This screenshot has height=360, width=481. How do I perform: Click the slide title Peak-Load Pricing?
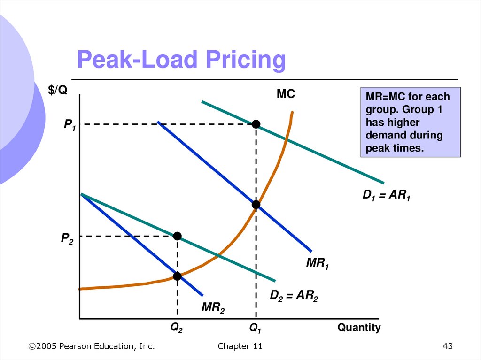tap(181, 61)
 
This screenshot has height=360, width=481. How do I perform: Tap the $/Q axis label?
tap(57, 91)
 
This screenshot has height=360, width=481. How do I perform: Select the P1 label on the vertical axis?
tap(70, 125)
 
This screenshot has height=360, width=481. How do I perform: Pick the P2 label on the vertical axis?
tap(67, 239)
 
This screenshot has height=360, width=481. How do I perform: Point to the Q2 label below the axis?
tap(176, 329)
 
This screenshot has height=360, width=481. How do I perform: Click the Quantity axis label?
tap(359, 328)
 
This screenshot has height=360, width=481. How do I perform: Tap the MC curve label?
tap(285, 94)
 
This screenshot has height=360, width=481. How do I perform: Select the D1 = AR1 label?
tap(386, 196)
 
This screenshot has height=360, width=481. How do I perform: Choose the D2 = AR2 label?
tap(294, 296)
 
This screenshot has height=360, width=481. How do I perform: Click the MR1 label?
tap(317, 264)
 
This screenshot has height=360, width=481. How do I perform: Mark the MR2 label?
tap(213, 308)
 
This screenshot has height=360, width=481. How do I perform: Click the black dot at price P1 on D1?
tap(256, 124)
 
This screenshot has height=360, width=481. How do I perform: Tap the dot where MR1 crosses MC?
tap(256, 205)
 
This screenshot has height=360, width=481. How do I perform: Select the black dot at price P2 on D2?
tap(177, 236)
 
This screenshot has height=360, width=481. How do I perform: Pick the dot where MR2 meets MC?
tap(177, 276)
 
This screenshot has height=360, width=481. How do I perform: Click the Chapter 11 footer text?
tap(240, 346)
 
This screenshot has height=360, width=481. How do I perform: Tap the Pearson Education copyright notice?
tap(91, 346)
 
